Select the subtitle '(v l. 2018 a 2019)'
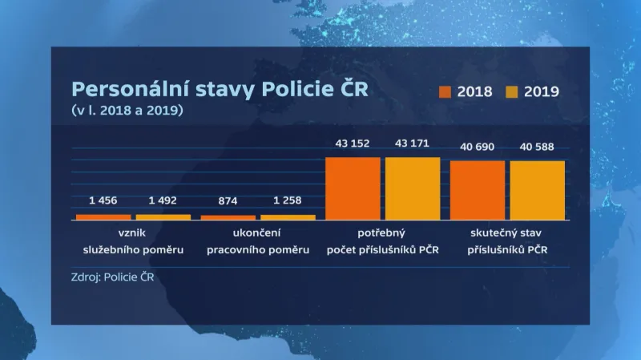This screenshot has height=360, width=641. click(x=127, y=110)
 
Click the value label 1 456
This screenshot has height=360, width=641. click(x=103, y=200)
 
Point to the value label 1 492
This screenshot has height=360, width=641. click(x=163, y=200)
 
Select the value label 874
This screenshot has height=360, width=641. click(x=228, y=200)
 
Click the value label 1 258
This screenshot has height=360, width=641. click(x=288, y=200)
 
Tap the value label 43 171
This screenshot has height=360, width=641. click(x=413, y=144)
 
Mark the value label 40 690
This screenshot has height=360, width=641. click(x=477, y=147)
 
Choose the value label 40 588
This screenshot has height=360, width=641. click(x=537, y=147)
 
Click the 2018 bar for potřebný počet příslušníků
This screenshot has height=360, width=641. click(x=353, y=188)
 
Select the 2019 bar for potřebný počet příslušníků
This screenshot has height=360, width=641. click(x=413, y=188)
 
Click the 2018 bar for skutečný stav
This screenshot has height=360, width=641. click(x=478, y=190)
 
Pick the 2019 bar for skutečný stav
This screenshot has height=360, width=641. click(x=537, y=190)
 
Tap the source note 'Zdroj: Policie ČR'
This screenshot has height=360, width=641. click(x=112, y=279)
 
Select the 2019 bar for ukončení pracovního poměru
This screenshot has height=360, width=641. click(x=288, y=217)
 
